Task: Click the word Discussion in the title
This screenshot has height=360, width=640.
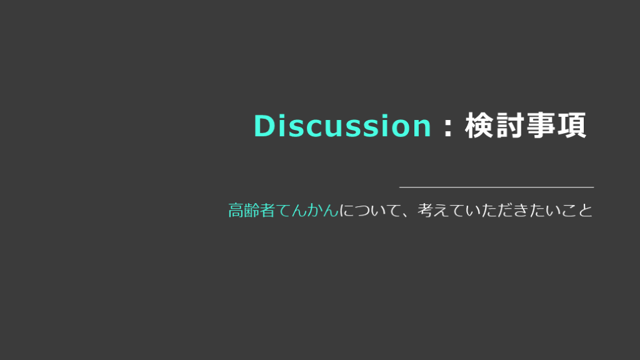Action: pyautogui.click(x=342, y=125)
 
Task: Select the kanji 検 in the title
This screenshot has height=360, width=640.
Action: pyautogui.click(x=479, y=125)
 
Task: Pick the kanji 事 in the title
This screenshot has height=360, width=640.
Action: pyautogui.click(x=541, y=125)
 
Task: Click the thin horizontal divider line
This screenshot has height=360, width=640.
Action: pyautogui.click(x=496, y=187)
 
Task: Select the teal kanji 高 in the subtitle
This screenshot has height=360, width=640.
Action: pyautogui.click(x=236, y=210)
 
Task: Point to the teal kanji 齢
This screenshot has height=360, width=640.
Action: pyautogui.click(x=252, y=210)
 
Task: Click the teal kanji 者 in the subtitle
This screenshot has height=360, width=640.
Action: pyautogui.click(x=267, y=210)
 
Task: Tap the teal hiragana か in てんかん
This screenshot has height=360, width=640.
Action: pyautogui.click(x=315, y=211)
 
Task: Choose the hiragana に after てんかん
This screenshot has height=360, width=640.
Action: pyautogui.click(x=347, y=211)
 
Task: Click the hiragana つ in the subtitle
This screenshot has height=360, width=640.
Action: pyautogui.click(x=363, y=211)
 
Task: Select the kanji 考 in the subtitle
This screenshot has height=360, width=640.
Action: pyautogui.click(x=426, y=210)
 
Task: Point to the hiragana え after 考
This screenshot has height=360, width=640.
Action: pyautogui.click(x=442, y=211)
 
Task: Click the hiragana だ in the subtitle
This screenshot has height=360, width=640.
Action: pyautogui.click(x=505, y=211)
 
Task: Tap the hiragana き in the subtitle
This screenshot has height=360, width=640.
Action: pyautogui.click(x=521, y=211)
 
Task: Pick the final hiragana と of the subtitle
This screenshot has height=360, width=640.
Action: pyautogui.click(x=585, y=211)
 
